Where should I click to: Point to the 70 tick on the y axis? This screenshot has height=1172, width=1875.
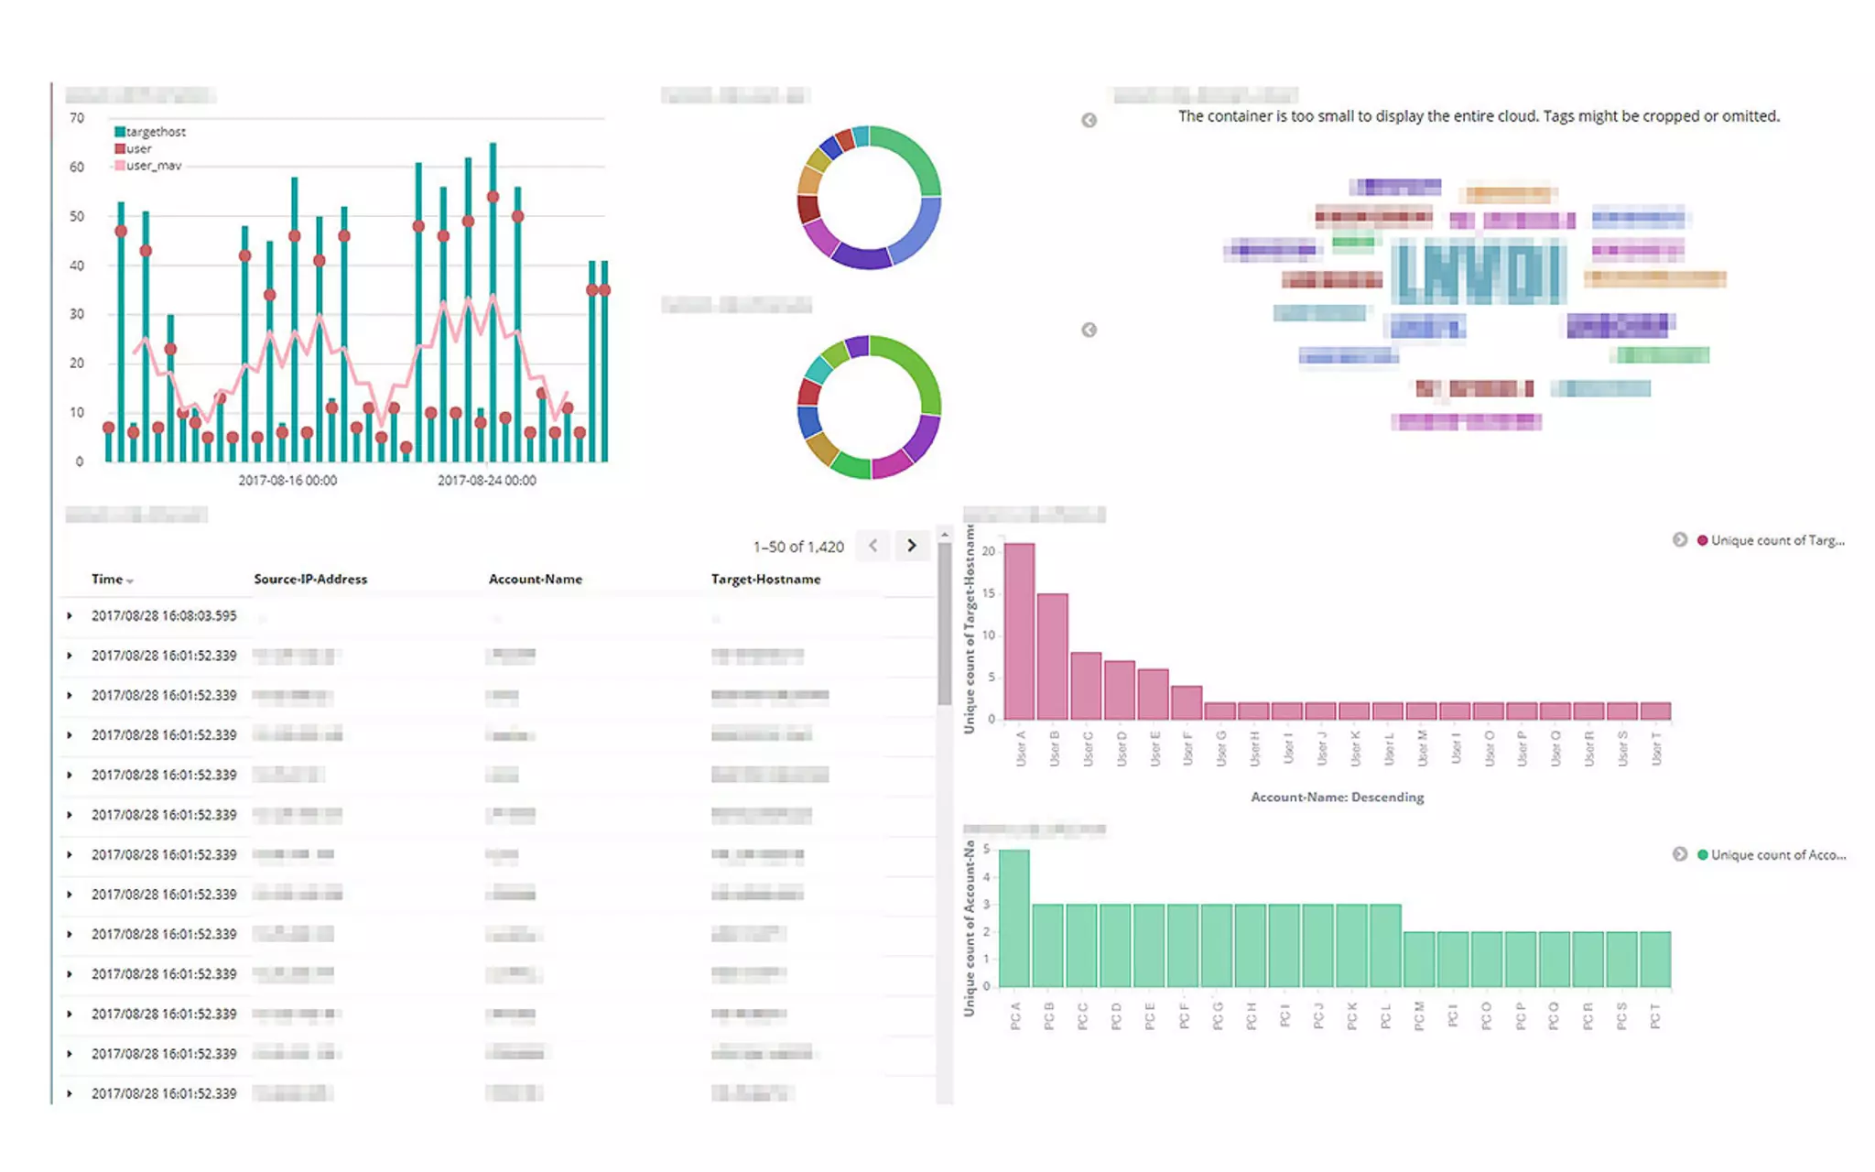(x=77, y=118)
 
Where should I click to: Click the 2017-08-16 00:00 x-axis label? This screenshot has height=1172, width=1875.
(x=287, y=481)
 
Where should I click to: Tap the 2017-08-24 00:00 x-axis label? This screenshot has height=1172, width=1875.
(x=486, y=481)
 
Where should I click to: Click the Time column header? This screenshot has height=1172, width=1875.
(x=107, y=580)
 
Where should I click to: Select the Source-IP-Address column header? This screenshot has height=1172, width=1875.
(x=310, y=580)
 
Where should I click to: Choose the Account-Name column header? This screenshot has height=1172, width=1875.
(x=536, y=580)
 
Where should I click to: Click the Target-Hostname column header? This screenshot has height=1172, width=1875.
(x=765, y=580)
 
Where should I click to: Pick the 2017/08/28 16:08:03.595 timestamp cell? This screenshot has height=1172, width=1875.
(x=164, y=616)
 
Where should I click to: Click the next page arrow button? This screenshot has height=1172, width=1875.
(x=911, y=546)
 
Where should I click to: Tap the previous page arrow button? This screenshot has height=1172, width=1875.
(x=873, y=546)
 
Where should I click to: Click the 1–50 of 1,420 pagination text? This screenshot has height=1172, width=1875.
(x=798, y=547)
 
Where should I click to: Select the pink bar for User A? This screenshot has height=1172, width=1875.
(x=1020, y=632)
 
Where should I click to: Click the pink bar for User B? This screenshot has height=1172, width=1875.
(x=1053, y=657)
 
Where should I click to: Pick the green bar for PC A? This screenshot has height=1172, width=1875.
(x=1014, y=918)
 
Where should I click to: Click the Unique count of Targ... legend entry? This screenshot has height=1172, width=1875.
(x=1776, y=540)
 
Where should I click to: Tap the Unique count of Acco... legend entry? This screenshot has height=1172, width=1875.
(x=1777, y=855)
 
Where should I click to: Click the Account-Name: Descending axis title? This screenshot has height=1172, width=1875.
(x=1337, y=798)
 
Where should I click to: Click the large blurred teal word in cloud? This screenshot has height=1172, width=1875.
(x=1478, y=273)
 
